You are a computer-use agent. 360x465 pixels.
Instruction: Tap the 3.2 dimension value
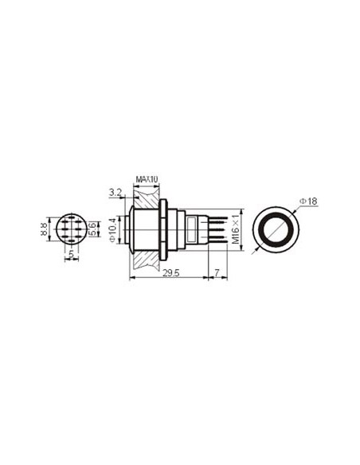tap(114, 192)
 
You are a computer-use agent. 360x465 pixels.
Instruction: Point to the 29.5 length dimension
tap(169, 273)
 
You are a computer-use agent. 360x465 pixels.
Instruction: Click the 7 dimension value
tap(217, 273)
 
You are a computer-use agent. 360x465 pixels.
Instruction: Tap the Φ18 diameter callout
tap(308, 201)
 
